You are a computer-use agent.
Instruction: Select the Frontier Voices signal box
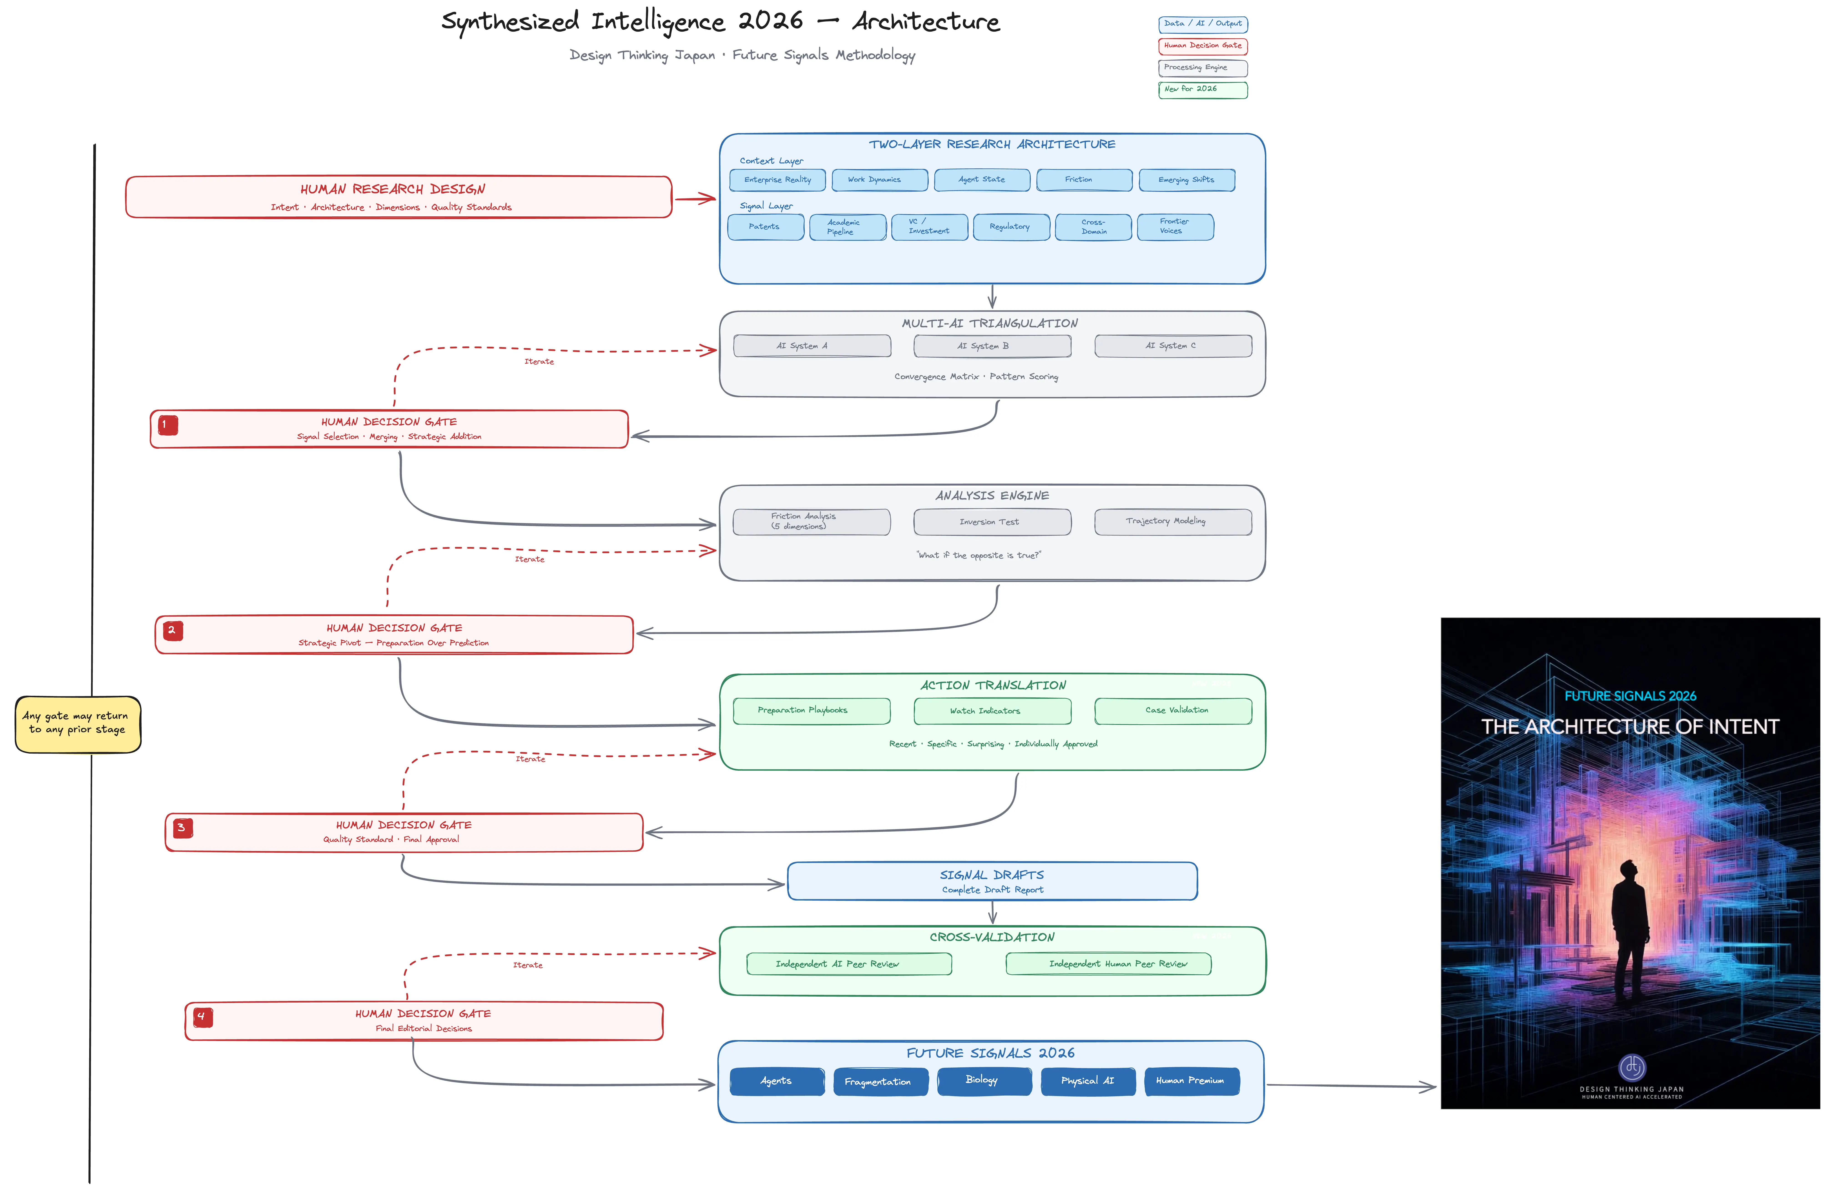[x=1174, y=226]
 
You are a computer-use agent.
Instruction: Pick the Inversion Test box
[x=992, y=522]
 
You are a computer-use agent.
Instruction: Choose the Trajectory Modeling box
[x=1172, y=521]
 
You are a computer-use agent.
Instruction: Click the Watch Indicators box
[x=992, y=711]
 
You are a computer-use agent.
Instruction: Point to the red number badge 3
[x=182, y=828]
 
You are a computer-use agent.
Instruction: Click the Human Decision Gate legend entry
[x=1202, y=46]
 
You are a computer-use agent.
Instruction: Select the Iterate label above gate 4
[x=527, y=965]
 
